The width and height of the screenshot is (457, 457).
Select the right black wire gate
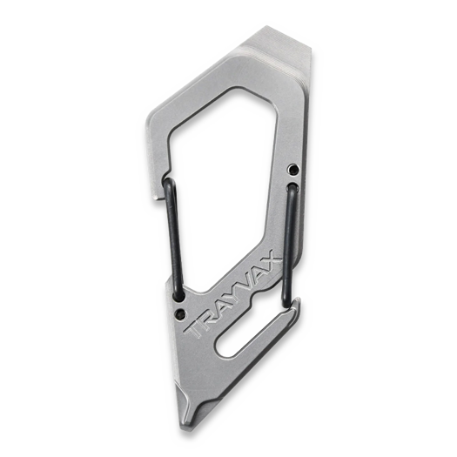(289, 244)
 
